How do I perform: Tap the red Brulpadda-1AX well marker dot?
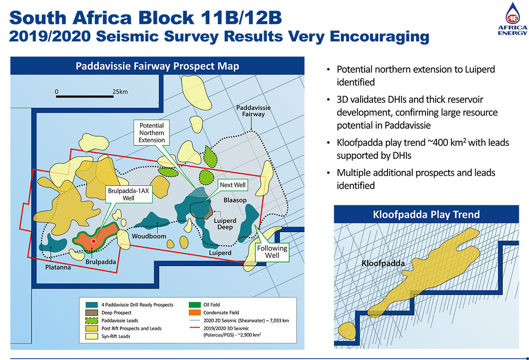click(x=93, y=241)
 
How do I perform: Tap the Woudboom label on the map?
click(x=149, y=236)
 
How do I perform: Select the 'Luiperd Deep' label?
click(x=225, y=224)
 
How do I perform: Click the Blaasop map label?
click(x=235, y=200)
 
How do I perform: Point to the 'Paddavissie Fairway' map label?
click(x=253, y=111)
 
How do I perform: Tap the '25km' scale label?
click(x=120, y=91)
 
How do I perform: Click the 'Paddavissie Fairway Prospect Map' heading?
click(x=157, y=66)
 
